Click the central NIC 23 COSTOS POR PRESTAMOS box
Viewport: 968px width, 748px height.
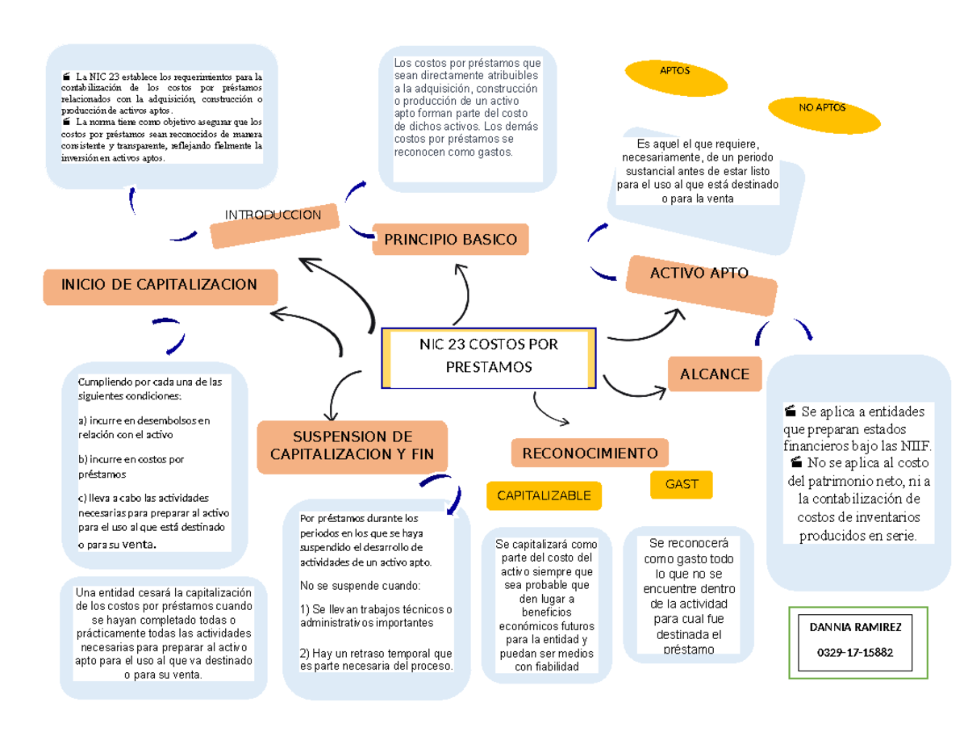coord(488,357)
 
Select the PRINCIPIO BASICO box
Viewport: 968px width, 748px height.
coord(450,240)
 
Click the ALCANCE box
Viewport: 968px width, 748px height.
coord(715,374)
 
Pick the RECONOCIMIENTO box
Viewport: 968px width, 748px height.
coord(590,453)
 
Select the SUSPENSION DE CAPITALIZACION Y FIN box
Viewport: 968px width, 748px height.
coord(352,446)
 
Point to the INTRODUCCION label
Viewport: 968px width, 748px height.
coord(273,215)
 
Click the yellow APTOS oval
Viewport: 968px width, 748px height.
coord(674,71)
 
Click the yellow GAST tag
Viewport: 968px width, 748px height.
coord(682,484)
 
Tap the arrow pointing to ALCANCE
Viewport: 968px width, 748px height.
coord(636,387)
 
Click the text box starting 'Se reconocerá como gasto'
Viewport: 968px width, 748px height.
coord(689,595)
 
